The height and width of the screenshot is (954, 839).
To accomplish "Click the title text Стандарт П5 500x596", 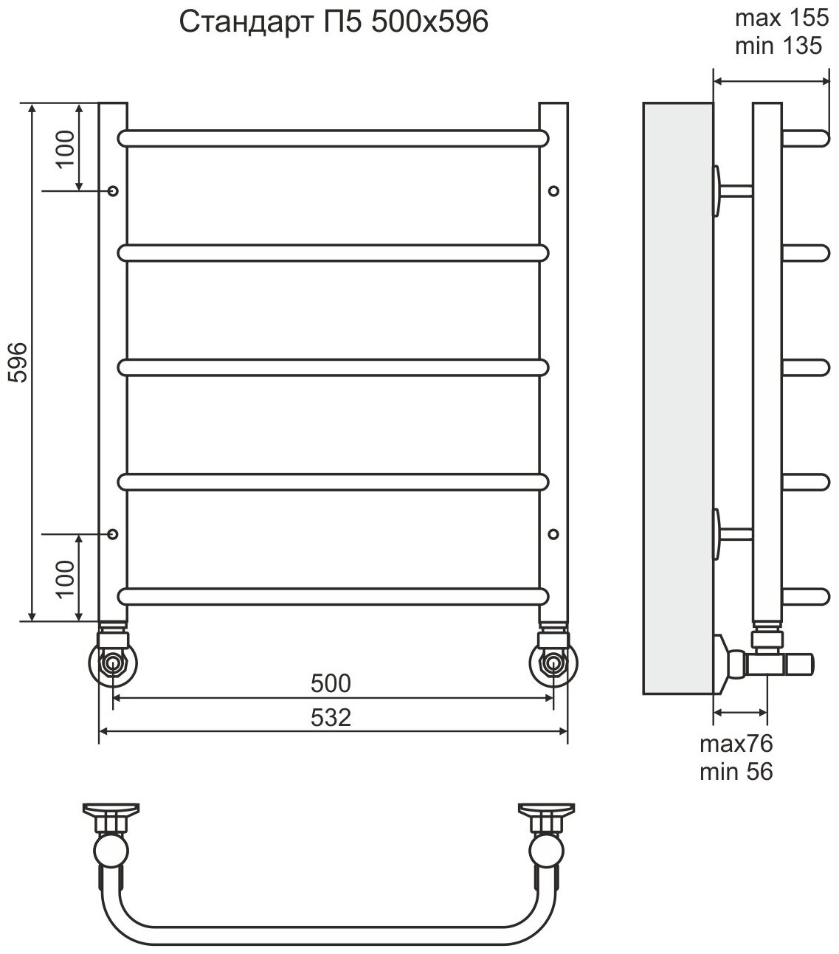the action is coord(334,22).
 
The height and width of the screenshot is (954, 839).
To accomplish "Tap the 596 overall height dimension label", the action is coord(19,362).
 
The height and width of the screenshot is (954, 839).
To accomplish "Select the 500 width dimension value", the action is coord(331,683).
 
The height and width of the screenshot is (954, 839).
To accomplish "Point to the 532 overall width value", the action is coord(331,718).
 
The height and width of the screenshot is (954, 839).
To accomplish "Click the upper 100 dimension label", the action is coord(66,148).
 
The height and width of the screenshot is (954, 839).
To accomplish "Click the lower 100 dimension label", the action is coord(66,578).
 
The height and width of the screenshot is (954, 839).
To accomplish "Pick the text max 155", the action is coord(781,18).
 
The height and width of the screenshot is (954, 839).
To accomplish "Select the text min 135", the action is coord(778,46).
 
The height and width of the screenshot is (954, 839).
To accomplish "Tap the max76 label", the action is coord(736,744).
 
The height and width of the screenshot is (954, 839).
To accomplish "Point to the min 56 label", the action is coord(736,772).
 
